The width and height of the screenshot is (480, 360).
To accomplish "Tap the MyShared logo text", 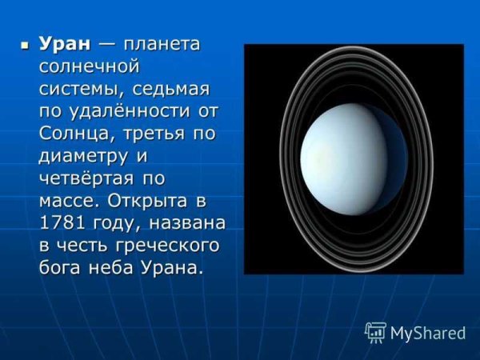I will (x=428, y=333).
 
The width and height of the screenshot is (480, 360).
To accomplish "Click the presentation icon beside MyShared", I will (x=375, y=332).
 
